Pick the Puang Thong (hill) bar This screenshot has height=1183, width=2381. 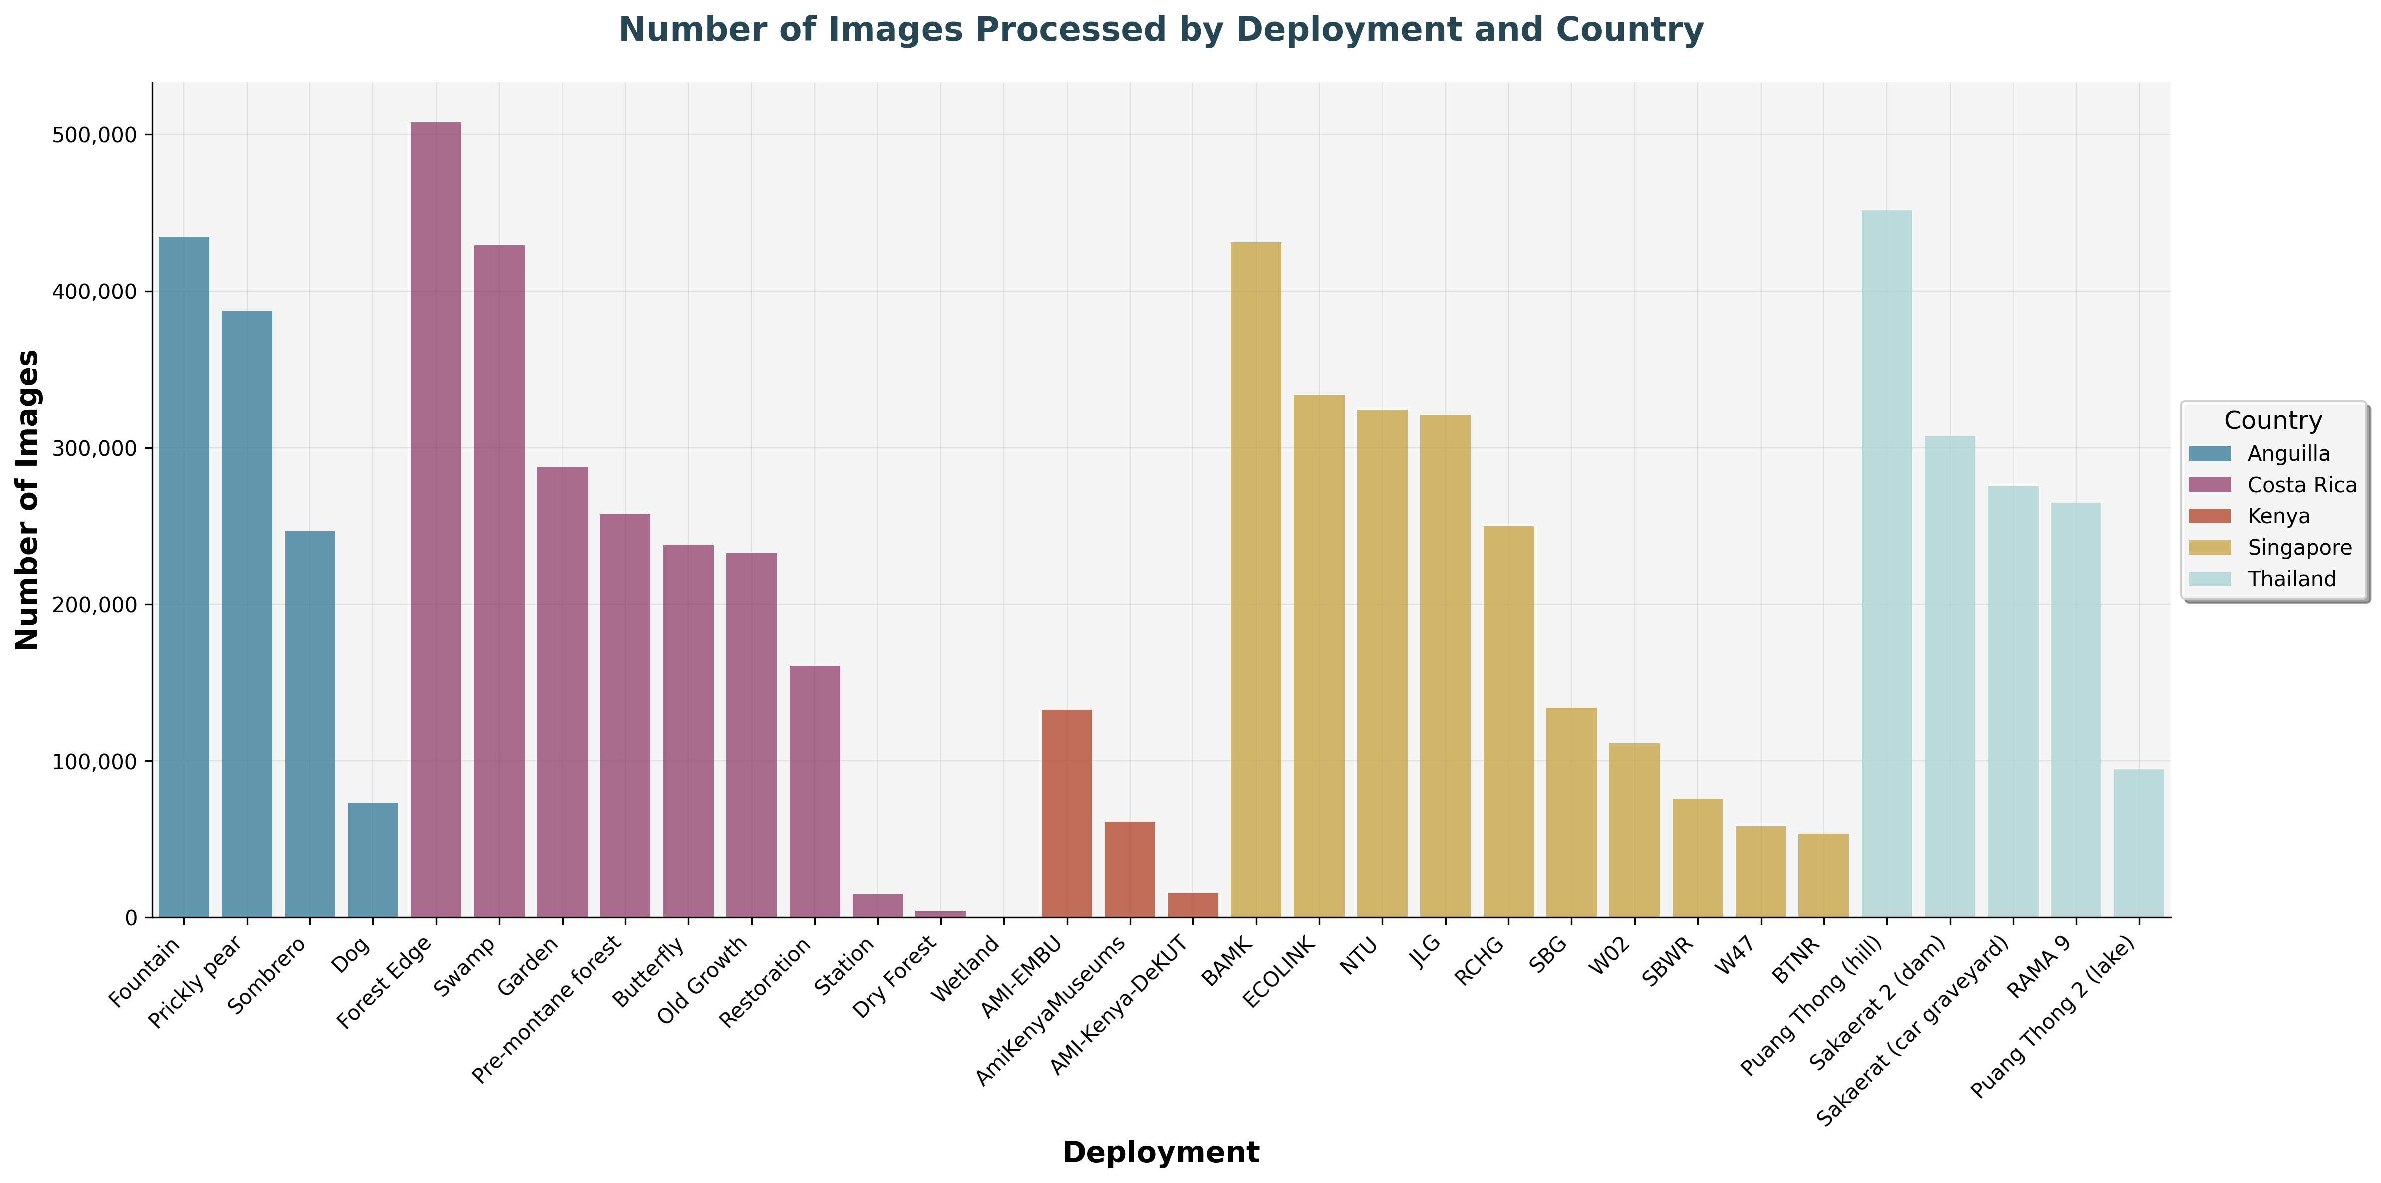coord(1886,564)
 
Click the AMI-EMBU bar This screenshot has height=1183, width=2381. coord(1067,813)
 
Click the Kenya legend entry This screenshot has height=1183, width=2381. coord(2278,516)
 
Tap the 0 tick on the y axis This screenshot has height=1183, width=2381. coord(130,918)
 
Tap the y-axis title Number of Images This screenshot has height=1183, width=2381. coord(28,500)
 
